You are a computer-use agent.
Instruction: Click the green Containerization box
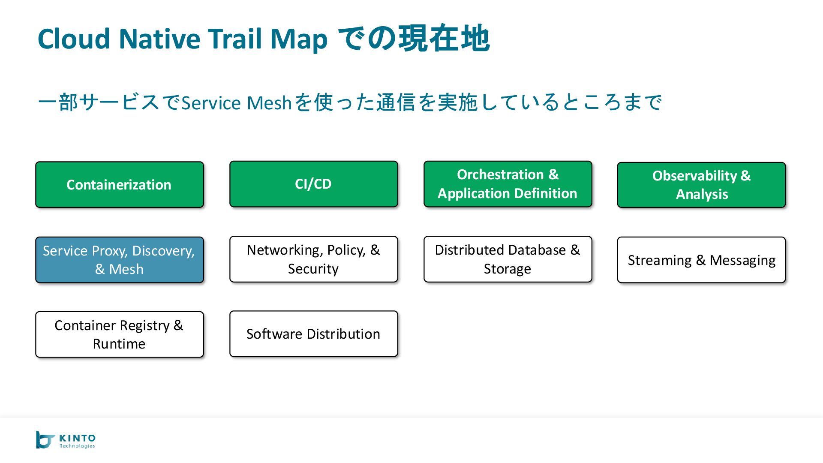(119, 185)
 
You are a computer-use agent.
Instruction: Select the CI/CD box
(313, 184)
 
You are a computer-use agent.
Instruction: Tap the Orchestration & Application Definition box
(508, 184)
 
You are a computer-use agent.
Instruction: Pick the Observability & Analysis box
(701, 185)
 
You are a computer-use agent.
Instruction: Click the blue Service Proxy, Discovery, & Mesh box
(119, 260)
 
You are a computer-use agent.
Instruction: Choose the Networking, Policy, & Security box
(313, 259)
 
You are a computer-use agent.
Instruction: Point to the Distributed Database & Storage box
(508, 259)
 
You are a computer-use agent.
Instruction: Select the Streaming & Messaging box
(701, 260)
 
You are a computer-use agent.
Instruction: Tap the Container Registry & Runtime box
(119, 334)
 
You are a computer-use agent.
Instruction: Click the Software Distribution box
(313, 334)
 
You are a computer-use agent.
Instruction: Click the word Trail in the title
(235, 39)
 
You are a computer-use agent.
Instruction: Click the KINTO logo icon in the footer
(45, 440)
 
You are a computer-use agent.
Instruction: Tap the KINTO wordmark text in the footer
(78, 438)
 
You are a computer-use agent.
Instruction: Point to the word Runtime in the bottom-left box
(119, 344)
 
